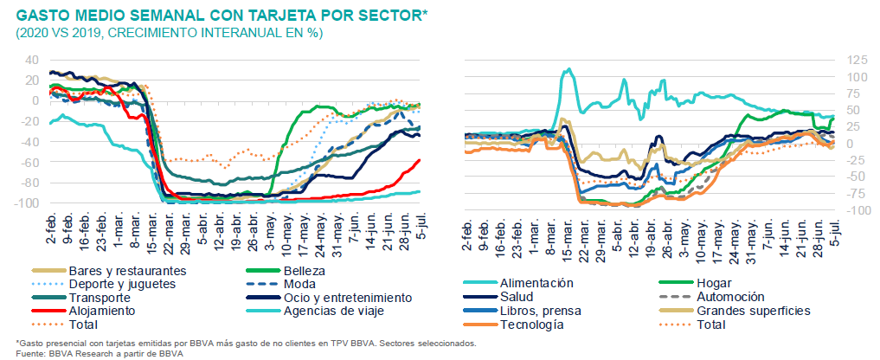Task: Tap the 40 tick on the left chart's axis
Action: click(32, 60)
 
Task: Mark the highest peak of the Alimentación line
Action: click(567, 70)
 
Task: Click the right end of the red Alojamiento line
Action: click(421, 159)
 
